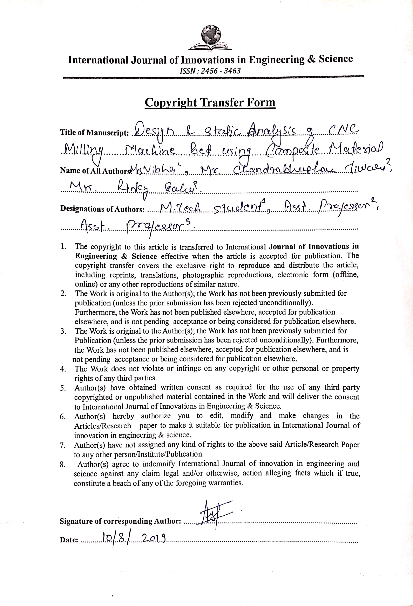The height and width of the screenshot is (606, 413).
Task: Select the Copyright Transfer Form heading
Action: click(210, 103)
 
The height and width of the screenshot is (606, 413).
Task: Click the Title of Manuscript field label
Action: click(95, 133)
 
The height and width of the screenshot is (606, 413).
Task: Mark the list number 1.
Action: click(63, 246)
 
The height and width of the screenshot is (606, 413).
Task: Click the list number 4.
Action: click(63, 369)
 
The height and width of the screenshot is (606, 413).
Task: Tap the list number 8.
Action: click(62, 464)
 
